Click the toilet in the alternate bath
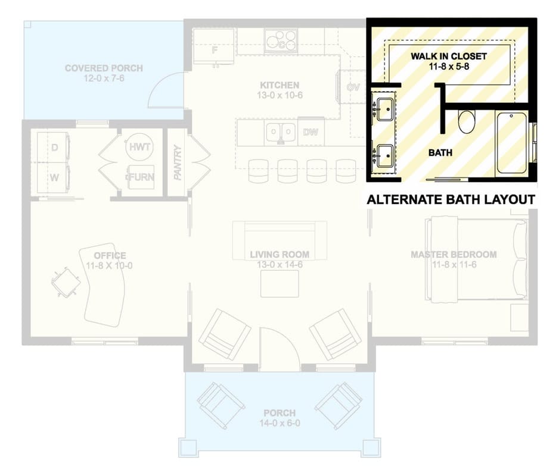point(467,121)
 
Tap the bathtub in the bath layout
point(511,143)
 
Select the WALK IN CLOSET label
point(449,57)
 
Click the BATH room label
point(440,153)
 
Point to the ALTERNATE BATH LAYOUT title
point(451,200)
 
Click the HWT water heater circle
point(139,147)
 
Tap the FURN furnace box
point(141,177)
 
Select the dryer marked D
point(54,148)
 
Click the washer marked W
point(54,178)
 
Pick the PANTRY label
point(178,162)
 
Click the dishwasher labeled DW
point(311,131)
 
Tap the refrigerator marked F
point(213,46)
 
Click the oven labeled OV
point(352,87)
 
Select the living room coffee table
point(280,284)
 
